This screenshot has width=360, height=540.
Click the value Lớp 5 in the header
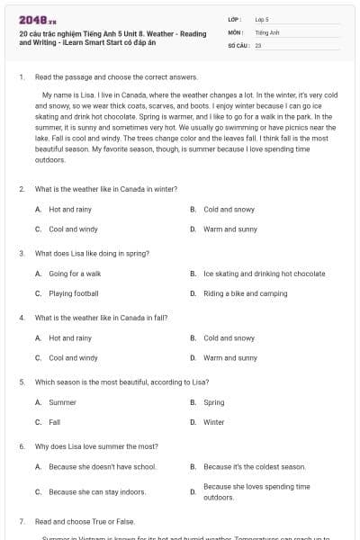click(x=262, y=18)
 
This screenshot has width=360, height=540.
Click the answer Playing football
click(x=74, y=293)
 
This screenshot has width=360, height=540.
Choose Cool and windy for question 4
click(x=73, y=357)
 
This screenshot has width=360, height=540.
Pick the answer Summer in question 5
click(x=62, y=402)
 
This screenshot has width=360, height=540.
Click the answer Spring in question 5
click(x=214, y=402)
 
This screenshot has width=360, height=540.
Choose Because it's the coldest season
click(x=255, y=467)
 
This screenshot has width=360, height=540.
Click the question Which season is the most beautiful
click(x=121, y=382)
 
